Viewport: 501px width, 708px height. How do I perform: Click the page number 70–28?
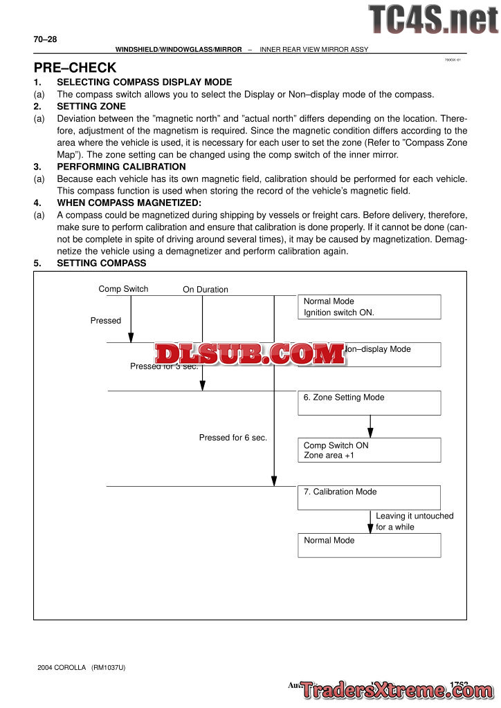coord(45,39)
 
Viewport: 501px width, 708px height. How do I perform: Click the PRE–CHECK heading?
coord(75,68)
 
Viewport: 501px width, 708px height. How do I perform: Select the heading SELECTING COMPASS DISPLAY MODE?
coord(144,82)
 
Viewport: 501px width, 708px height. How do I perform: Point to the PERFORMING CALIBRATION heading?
coord(121,167)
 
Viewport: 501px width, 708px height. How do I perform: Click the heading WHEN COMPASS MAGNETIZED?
coord(129,203)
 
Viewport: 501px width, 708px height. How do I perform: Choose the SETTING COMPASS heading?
coord(101,263)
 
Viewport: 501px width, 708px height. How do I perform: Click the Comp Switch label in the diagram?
coord(123,289)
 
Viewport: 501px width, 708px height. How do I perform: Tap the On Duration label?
coord(205,290)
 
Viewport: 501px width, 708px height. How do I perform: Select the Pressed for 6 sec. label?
coord(233,438)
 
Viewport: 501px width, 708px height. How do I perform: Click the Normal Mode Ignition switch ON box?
coord(369,306)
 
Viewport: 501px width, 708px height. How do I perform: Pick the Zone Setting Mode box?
coord(369,402)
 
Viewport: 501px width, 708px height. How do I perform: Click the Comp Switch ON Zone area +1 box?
coord(369,450)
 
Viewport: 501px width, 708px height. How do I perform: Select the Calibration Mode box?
coord(369,497)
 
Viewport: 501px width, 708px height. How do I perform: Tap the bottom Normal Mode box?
coord(369,545)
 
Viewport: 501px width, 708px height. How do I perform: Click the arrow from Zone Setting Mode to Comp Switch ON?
coord(370,426)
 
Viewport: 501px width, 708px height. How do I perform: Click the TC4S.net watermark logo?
coord(432,19)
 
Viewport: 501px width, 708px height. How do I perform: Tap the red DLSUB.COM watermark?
coord(250,354)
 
